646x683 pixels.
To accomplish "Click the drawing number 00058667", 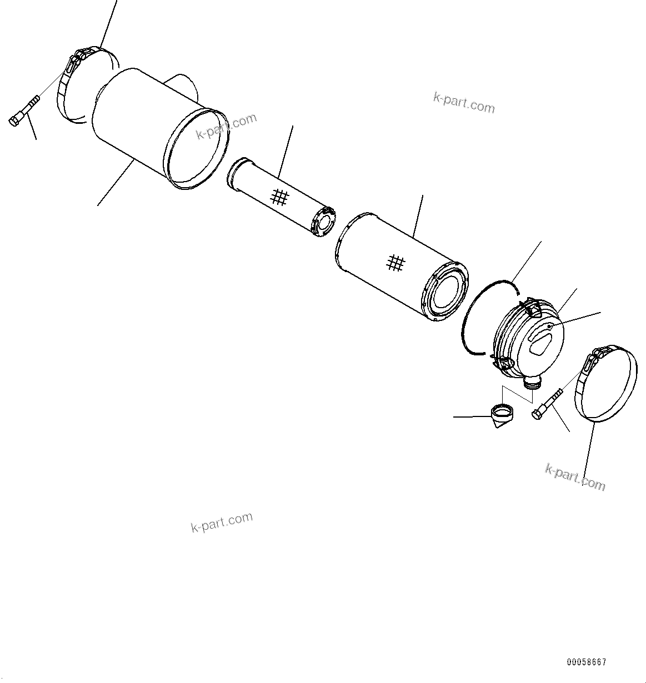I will [x=587, y=662].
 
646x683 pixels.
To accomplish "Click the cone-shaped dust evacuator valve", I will [x=502, y=417].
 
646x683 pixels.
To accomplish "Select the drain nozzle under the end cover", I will [x=532, y=382].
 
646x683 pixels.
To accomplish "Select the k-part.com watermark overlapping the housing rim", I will [x=226, y=127].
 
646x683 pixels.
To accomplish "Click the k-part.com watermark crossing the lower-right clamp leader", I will [x=575, y=476].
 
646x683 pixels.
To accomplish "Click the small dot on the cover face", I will [x=549, y=327].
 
